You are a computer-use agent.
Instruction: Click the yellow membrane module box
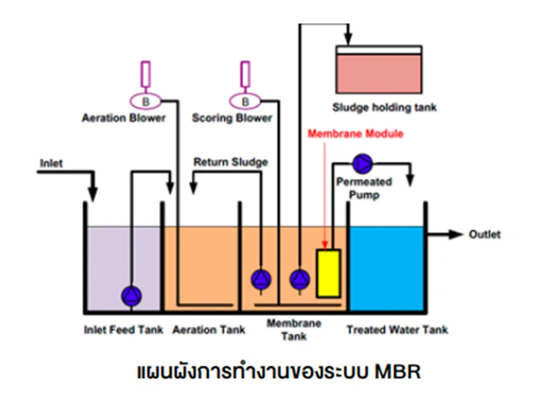pyautogui.click(x=328, y=273)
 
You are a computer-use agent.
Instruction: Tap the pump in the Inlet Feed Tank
pyautogui.click(x=132, y=295)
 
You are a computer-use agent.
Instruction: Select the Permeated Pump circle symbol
pyautogui.click(x=363, y=164)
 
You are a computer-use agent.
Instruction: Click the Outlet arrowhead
pyautogui.click(x=457, y=234)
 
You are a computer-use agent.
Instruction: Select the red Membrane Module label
pyautogui.click(x=356, y=134)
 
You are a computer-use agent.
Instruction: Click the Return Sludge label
pyautogui.click(x=230, y=162)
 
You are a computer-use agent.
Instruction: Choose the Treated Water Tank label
pyautogui.click(x=397, y=330)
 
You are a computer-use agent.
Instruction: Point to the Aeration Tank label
pyautogui.click(x=209, y=330)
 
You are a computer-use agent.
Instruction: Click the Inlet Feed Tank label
pyautogui.click(x=123, y=330)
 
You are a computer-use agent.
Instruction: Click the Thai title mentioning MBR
pyautogui.click(x=279, y=371)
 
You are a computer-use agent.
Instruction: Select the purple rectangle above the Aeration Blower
pyautogui.click(x=146, y=75)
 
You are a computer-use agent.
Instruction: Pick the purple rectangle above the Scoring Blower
pyautogui.click(x=245, y=75)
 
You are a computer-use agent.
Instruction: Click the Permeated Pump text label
pyautogui.click(x=363, y=188)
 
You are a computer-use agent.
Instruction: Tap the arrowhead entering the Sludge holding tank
pyautogui.click(x=348, y=39)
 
